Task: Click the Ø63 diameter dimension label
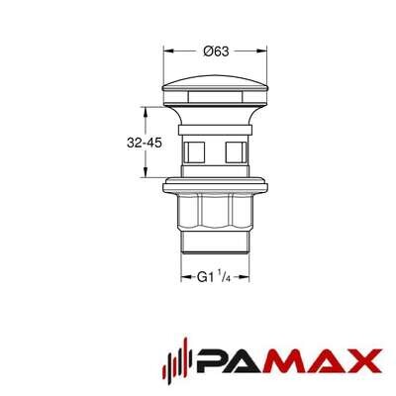click(216, 51)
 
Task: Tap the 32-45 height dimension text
click(145, 143)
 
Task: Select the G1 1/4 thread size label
click(214, 277)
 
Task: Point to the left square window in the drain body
click(194, 152)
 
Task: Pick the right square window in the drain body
click(236, 152)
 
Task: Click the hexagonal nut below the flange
click(215, 212)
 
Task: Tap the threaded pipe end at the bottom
click(215, 243)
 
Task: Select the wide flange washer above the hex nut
click(215, 186)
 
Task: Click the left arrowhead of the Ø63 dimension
click(168, 50)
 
